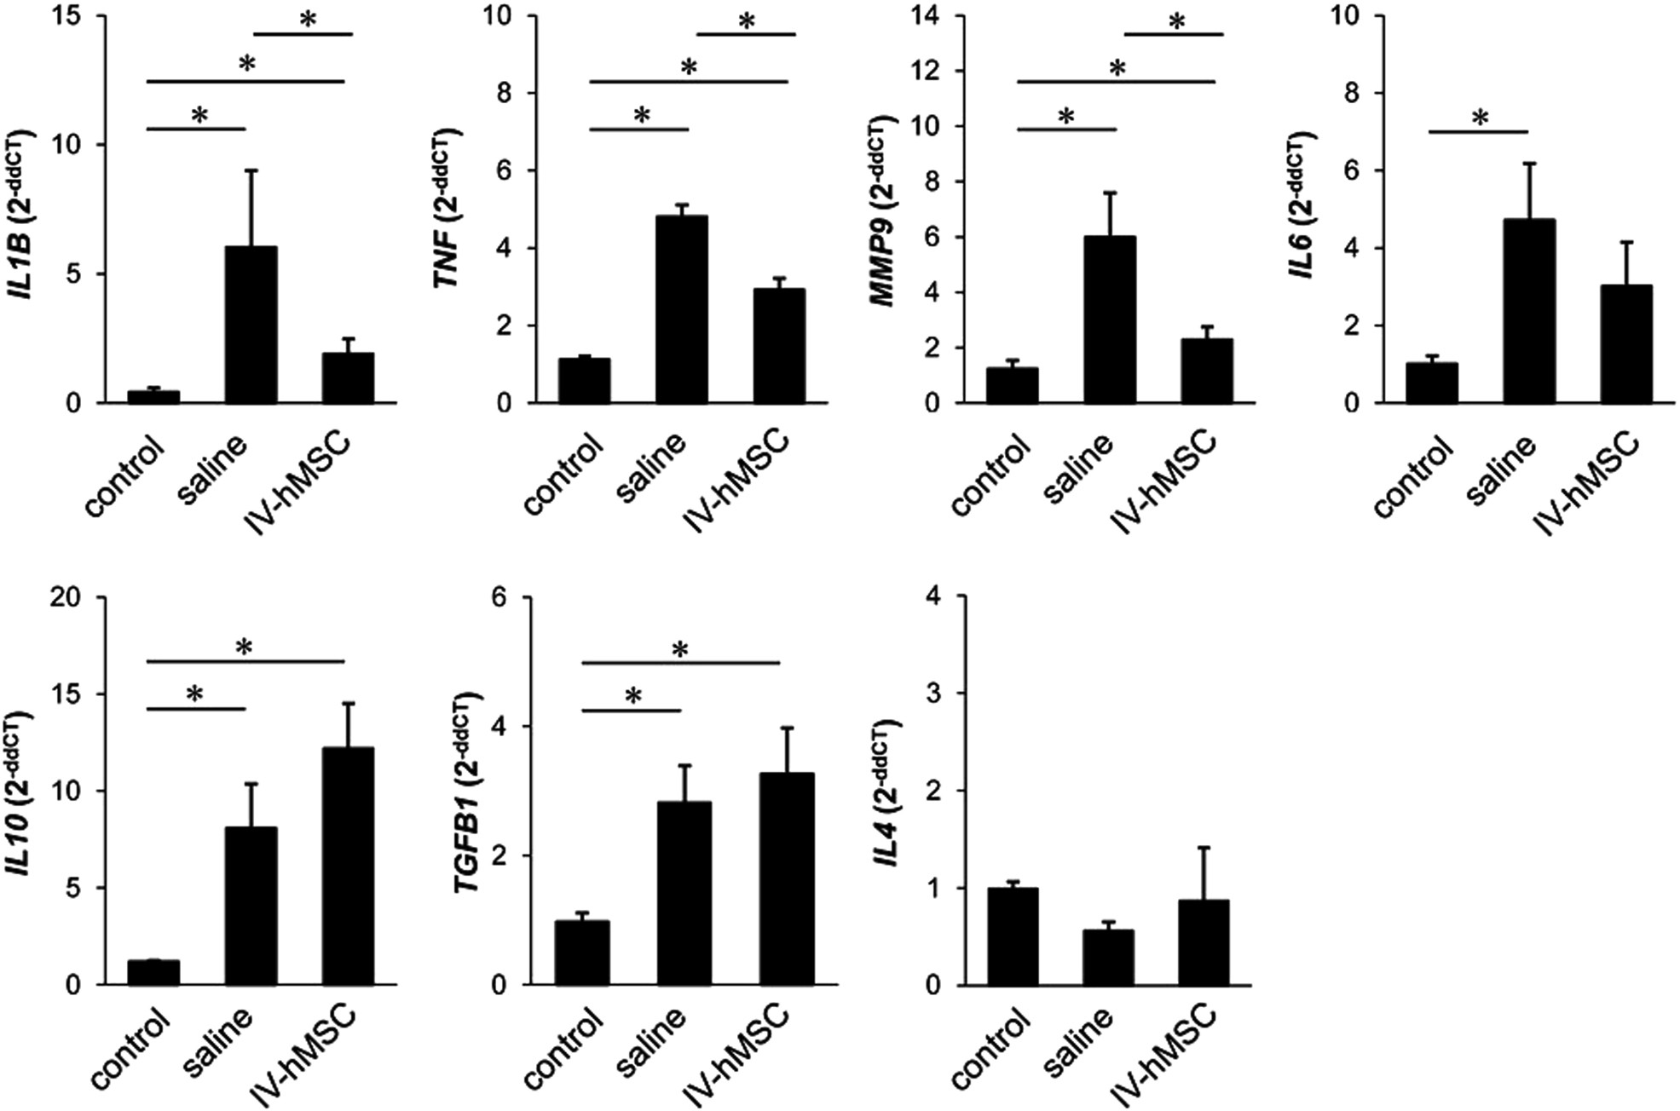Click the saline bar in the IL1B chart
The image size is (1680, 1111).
point(251,325)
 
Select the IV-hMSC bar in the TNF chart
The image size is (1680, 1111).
point(779,346)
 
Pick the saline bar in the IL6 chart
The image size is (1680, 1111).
point(1529,311)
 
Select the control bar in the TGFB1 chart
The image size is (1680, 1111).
point(582,953)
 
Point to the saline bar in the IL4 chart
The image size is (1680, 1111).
point(1107,958)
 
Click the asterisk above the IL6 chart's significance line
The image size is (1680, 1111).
point(1480,118)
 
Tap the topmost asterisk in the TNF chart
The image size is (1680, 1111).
point(747,21)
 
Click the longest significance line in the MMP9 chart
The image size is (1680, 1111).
point(1116,82)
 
